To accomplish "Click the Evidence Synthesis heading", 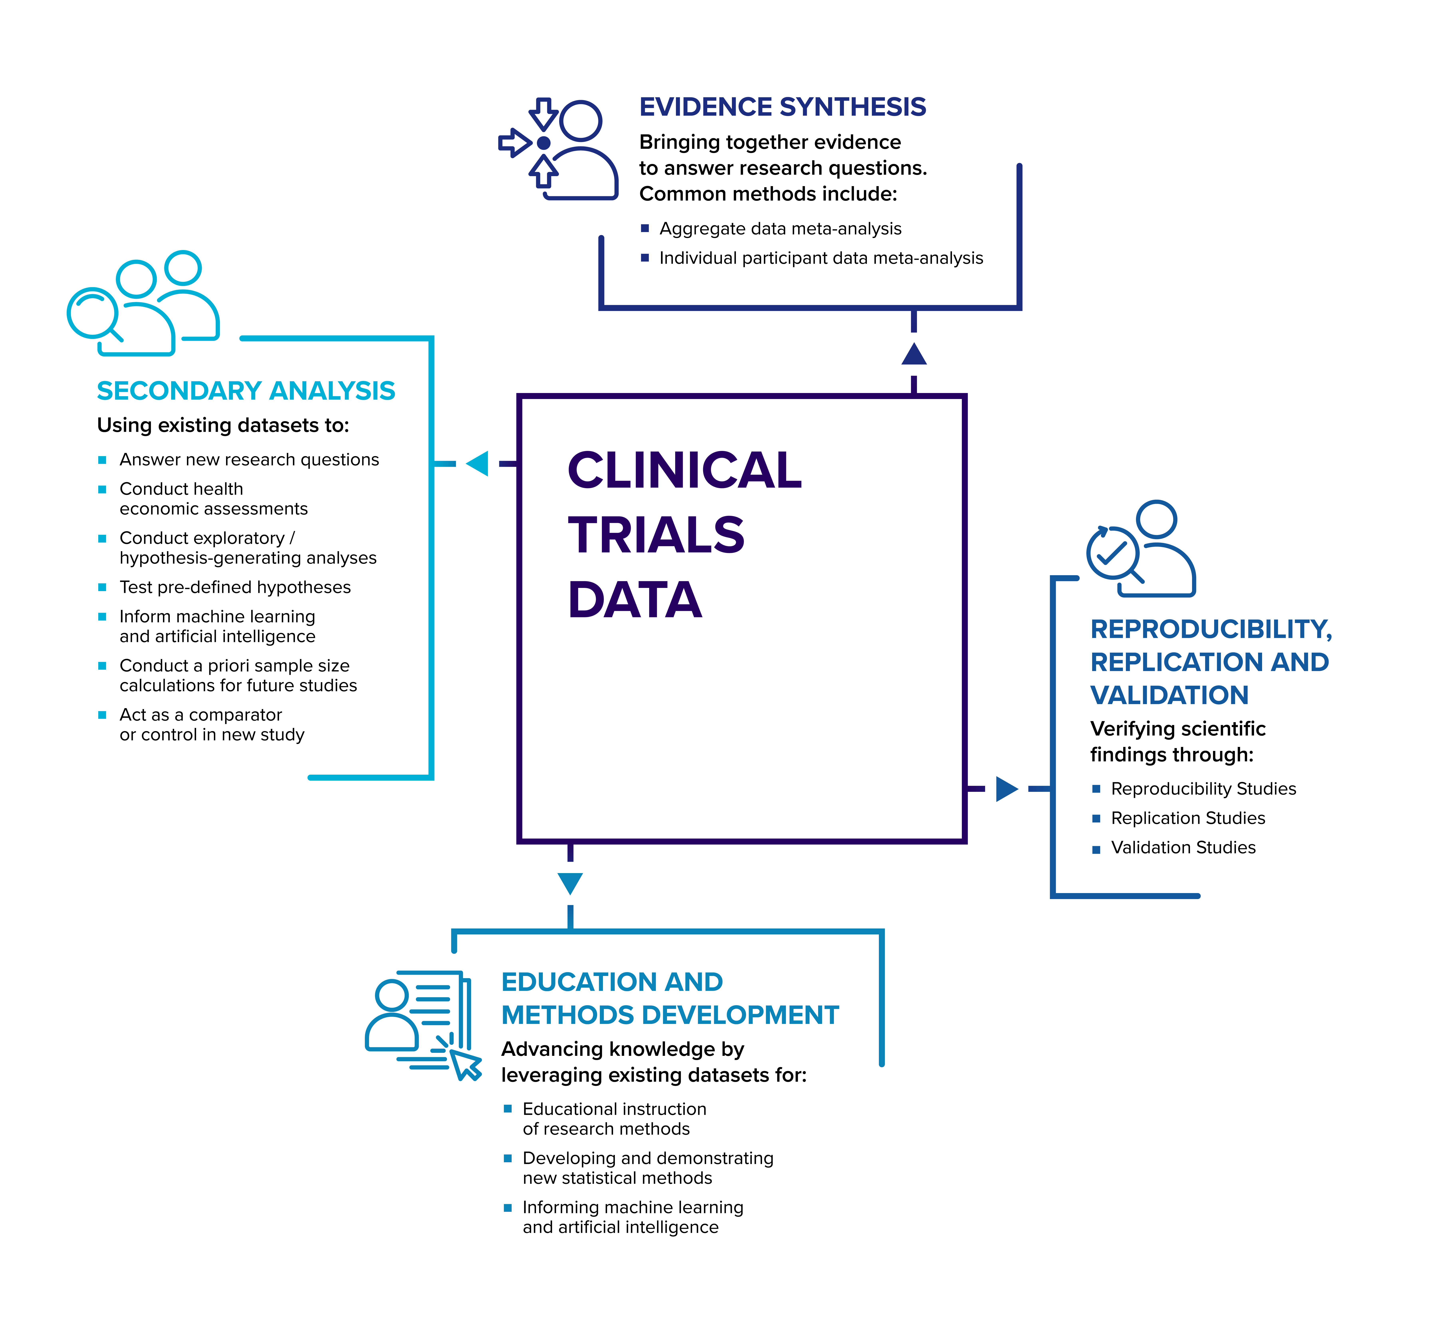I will [782, 107].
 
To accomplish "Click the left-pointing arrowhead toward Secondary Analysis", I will [478, 463].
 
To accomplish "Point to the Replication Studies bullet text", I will [1187, 818].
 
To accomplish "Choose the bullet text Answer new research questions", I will [249, 460].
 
